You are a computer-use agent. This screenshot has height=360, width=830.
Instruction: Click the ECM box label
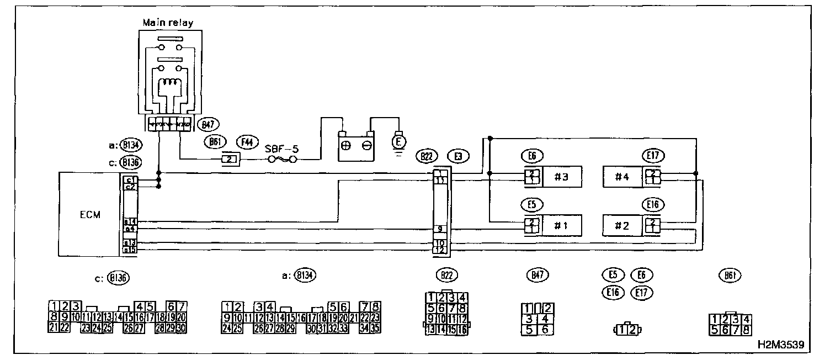[x=90, y=215]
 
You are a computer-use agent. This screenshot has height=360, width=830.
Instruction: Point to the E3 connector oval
[x=458, y=156]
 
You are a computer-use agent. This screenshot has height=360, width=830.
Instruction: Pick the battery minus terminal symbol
[x=366, y=147]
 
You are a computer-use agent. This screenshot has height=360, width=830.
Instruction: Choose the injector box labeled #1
[x=562, y=226]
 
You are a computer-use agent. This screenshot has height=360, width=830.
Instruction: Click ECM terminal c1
[x=130, y=180]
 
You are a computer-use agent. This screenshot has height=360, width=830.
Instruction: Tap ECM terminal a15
[x=130, y=250]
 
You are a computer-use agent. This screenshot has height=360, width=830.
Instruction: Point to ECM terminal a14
[x=130, y=222]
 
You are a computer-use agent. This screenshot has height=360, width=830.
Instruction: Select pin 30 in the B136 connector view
[x=181, y=328]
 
